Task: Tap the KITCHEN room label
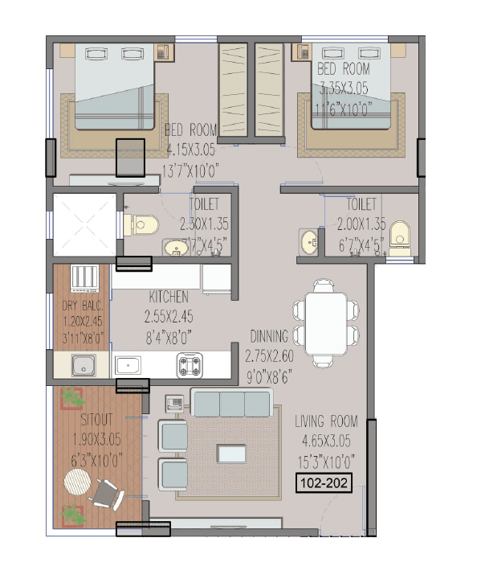tap(169, 297)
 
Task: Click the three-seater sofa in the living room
tap(231, 402)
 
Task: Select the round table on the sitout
tap(77, 485)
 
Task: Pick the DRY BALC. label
tap(80, 306)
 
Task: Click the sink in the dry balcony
tap(83, 367)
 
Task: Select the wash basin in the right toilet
tap(308, 240)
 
